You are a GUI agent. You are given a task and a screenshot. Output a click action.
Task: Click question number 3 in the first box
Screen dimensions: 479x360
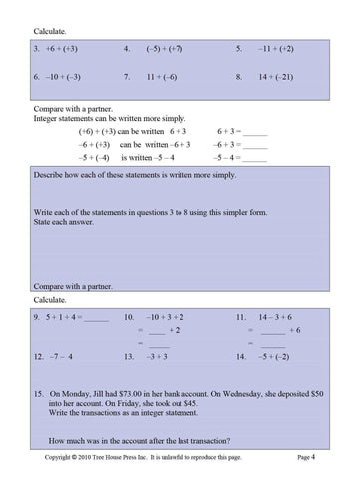click(37, 48)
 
